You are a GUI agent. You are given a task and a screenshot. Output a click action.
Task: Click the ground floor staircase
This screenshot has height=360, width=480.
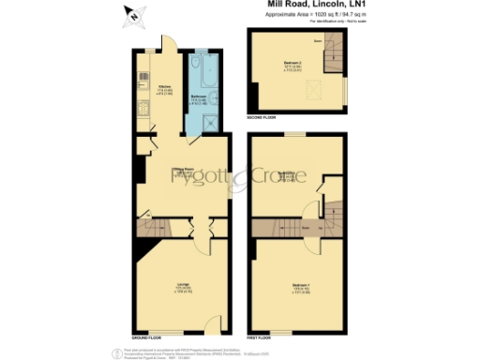pos(156,228)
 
